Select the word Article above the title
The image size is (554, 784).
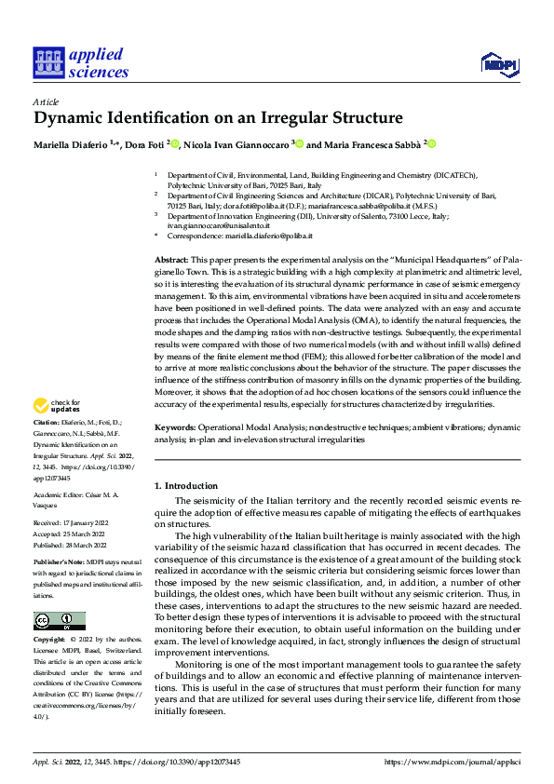point(46,101)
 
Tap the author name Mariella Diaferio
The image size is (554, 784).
point(68,144)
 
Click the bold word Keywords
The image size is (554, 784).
point(174,428)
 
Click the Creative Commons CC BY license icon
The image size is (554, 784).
point(59,620)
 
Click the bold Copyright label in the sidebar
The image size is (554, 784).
point(50,641)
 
